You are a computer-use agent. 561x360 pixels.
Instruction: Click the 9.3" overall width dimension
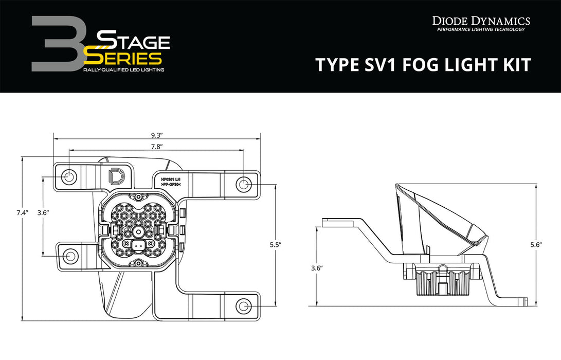click(157, 135)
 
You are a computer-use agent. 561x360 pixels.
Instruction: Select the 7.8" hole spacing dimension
click(157, 147)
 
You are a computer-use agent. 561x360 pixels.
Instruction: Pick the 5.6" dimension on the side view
click(536, 245)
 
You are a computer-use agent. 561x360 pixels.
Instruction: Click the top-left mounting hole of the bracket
click(68, 177)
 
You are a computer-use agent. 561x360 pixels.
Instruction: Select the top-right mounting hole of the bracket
click(243, 184)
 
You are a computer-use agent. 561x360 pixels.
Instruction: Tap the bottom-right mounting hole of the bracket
click(243, 307)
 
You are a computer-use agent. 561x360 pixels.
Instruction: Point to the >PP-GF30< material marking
click(170, 184)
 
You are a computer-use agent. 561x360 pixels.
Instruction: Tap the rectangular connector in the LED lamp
click(138, 246)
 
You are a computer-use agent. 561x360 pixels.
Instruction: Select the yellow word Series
click(123, 57)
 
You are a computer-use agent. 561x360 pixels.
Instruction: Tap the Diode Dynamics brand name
click(480, 21)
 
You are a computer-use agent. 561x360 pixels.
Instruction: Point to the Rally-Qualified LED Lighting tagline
click(123, 69)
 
